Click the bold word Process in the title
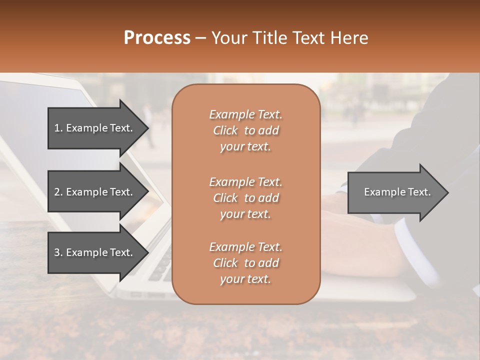[x=157, y=38]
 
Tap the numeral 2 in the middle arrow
[x=57, y=192]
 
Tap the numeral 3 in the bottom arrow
[x=57, y=252]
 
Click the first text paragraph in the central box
[x=245, y=130]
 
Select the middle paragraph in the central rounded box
[x=245, y=198]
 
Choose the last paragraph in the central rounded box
[x=245, y=263]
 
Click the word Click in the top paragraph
[x=225, y=130]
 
